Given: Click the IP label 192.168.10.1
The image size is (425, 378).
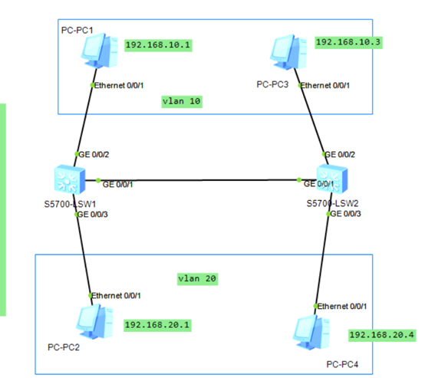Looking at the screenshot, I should coord(157,45).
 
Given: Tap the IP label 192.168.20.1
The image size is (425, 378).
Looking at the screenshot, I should coord(157,325).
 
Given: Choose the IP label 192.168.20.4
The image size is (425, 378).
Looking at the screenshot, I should coord(381,335).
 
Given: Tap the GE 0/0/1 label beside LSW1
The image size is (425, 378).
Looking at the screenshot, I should coord(117,184).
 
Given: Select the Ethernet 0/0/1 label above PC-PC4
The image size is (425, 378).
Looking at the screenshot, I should coord(343,306).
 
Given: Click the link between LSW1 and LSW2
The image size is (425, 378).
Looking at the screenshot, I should coord(199,181).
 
